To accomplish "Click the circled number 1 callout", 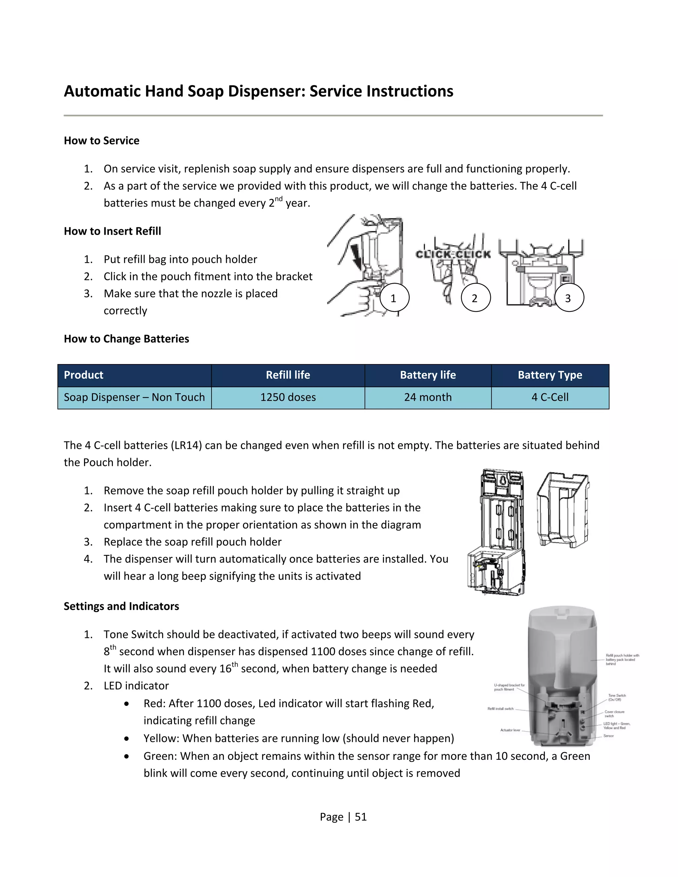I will [x=394, y=298].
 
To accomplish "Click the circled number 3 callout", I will [x=569, y=298].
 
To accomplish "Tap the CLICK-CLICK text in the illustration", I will [x=453, y=254].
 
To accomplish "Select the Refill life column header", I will [x=288, y=375].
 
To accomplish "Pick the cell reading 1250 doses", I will [x=288, y=397].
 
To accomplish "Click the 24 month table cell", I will [x=428, y=397].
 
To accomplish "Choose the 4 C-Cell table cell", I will [x=550, y=397].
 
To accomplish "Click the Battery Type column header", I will [x=550, y=375].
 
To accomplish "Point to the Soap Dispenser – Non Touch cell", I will [x=134, y=397].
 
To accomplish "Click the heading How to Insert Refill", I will [x=113, y=231].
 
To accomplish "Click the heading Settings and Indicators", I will [x=121, y=606].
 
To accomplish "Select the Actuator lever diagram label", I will [x=510, y=730].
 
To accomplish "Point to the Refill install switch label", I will [x=501, y=709].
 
